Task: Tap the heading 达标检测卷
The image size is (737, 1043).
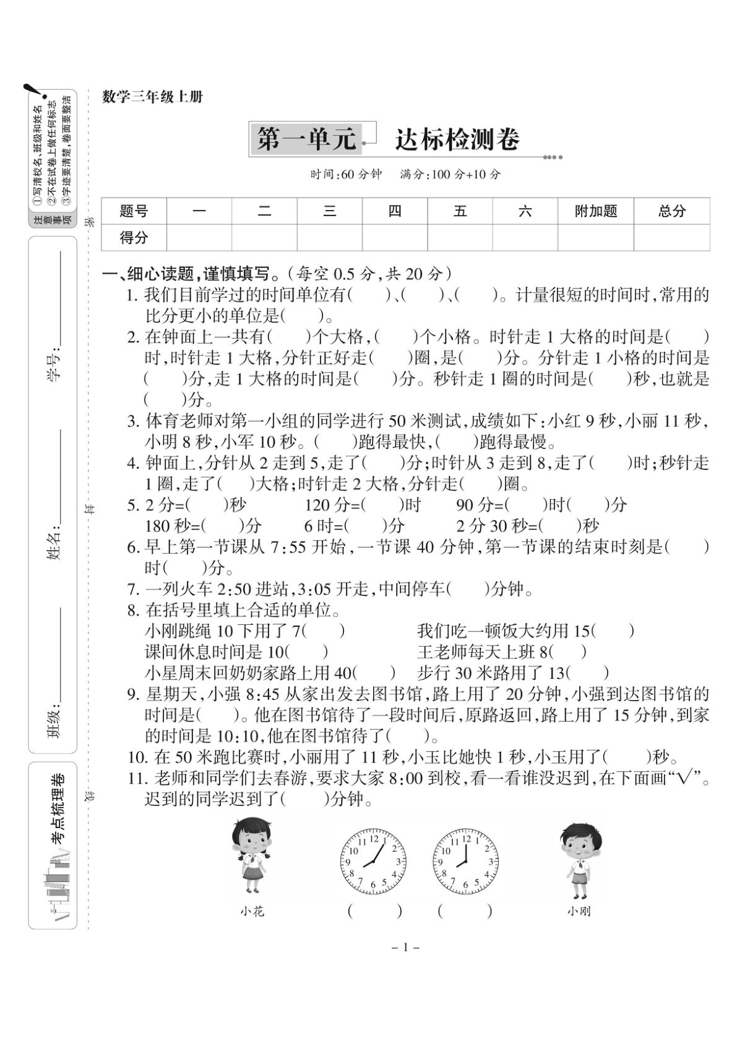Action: pyautogui.click(x=457, y=140)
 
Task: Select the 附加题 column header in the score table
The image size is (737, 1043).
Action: pyautogui.click(x=595, y=211)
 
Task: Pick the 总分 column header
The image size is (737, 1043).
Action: pyautogui.click(x=671, y=211)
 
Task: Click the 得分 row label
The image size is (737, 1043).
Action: pyautogui.click(x=134, y=237)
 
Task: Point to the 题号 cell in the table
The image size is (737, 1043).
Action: pyautogui.click(x=134, y=211)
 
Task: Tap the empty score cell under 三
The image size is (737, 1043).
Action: pyautogui.click(x=329, y=237)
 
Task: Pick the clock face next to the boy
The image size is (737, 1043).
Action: pyautogui.click(x=465, y=862)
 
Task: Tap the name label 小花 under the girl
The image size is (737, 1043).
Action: pyautogui.click(x=252, y=911)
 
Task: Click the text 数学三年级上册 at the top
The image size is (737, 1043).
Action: pyautogui.click(x=152, y=97)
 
